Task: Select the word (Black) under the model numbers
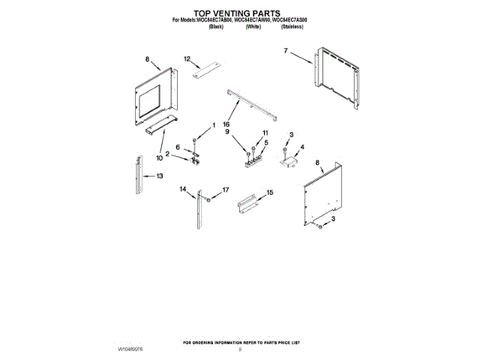click(216, 26)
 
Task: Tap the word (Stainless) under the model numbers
click(292, 26)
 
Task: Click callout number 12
click(187, 58)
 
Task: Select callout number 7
click(286, 52)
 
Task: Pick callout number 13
click(160, 176)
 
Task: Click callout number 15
click(271, 193)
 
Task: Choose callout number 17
click(223, 191)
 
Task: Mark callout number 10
click(159, 157)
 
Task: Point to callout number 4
click(302, 147)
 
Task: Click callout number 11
click(264, 133)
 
